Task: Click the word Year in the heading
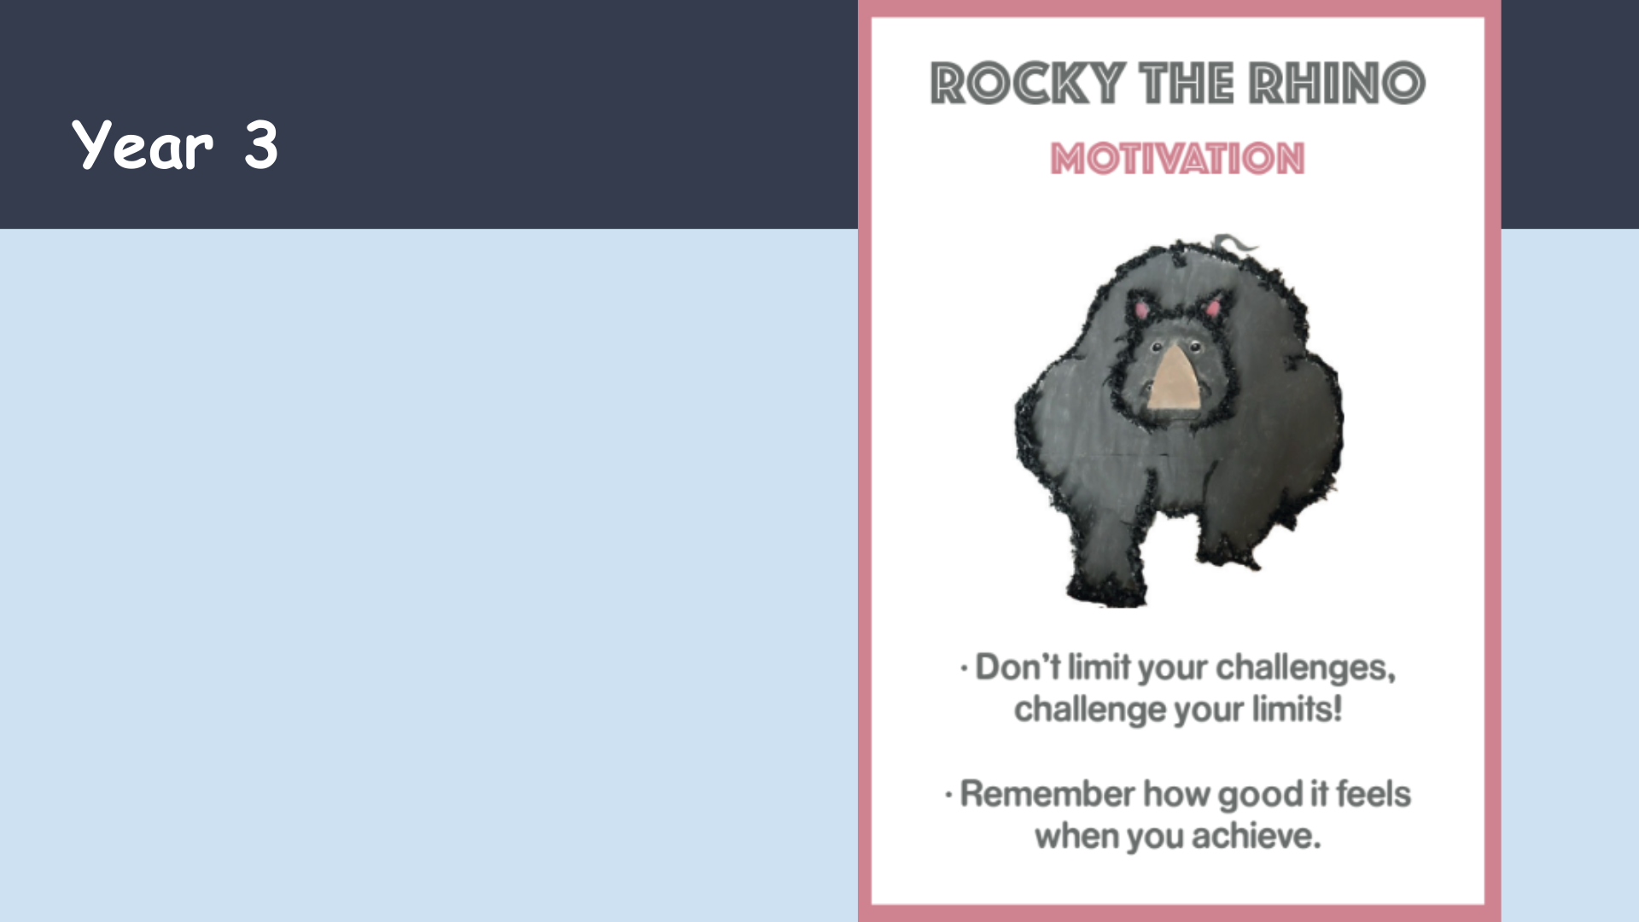pos(143,145)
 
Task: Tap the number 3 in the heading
pos(261,145)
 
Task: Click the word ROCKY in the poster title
pos(1028,83)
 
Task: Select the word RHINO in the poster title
pos(1337,83)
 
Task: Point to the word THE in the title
pos(1187,83)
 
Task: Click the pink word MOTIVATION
pos(1177,159)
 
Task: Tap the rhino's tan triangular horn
pos(1175,376)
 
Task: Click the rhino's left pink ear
pos(1141,309)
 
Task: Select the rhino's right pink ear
pos(1213,307)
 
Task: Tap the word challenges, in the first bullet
pos(1306,668)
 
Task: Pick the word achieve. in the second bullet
pos(1257,836)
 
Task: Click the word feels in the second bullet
pos(1374,793)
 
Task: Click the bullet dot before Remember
pos(948,796)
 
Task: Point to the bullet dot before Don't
pos(964,668)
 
